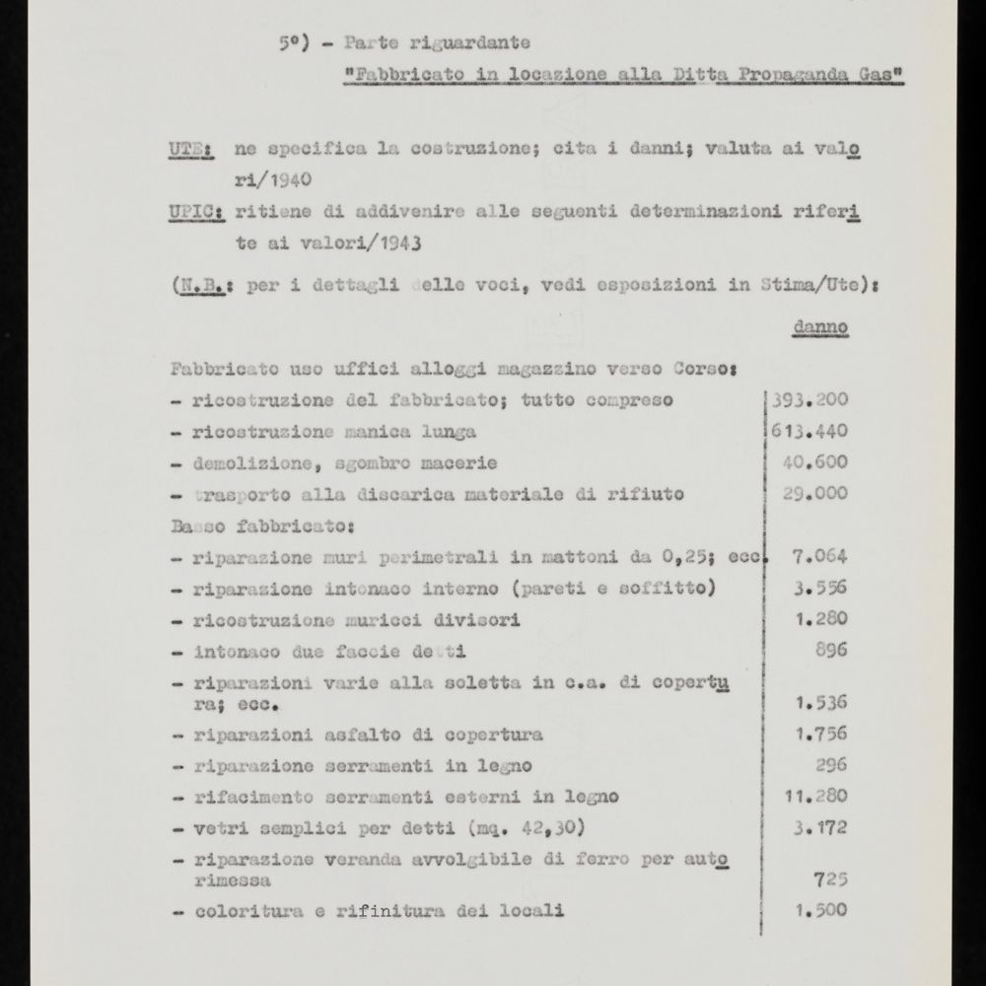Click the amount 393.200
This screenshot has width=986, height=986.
[x=810, y=400]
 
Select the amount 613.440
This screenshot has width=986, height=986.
[x=810, y=431]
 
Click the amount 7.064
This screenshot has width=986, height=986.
[x=820, y=555]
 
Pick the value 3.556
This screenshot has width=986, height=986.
[x=820, y=588]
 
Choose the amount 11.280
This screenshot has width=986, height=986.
[x=815, y=796]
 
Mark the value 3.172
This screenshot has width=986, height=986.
[x=820, y=827]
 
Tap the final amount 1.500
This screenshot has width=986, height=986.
[x=820, y=911]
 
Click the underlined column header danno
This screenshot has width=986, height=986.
[x=820, y=326]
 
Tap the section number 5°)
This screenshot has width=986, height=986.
[x=297, y=43]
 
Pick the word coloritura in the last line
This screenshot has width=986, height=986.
[x=236, y=911]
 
